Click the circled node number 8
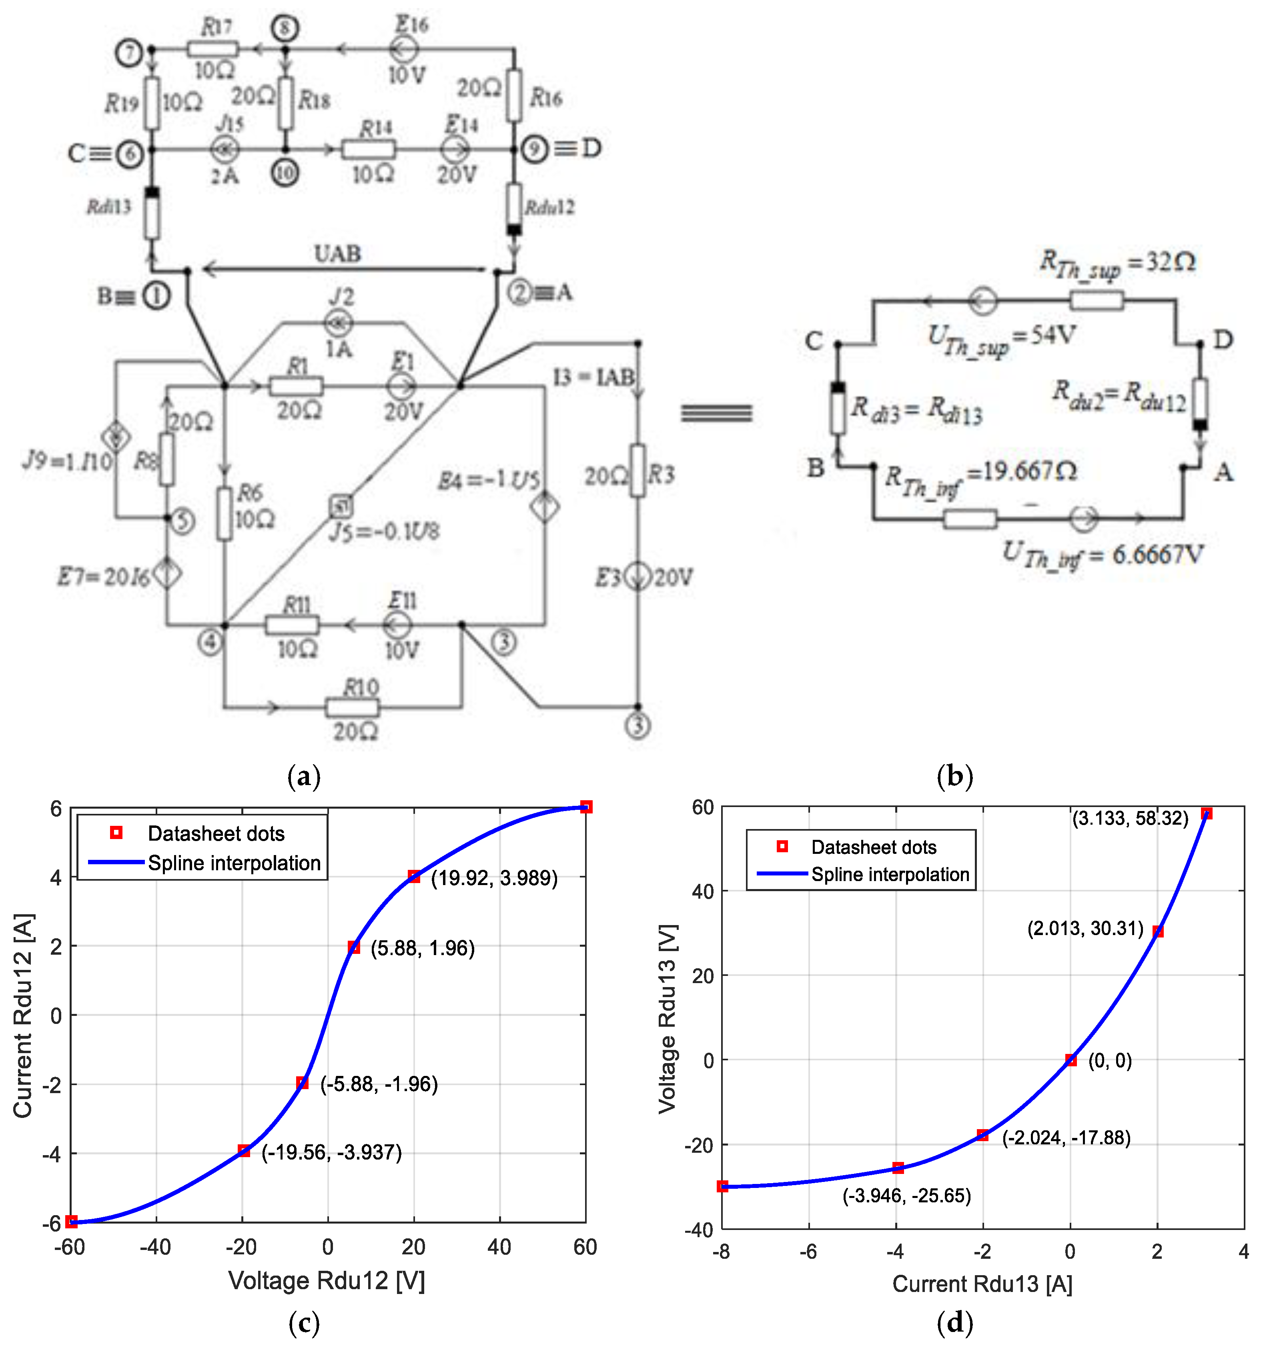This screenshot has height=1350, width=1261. pyautogui.click(x=285, y=28)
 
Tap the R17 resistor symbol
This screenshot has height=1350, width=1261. pyautogui.click(x=213, y=49)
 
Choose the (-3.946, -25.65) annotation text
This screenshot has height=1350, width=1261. pyautogui.click(x=906, y=1195)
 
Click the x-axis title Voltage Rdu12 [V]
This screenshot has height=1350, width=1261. pyautogui.click(x=327, y=1280)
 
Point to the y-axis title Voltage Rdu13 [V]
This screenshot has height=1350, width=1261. pyautogui.click(x=668, y=1019)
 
